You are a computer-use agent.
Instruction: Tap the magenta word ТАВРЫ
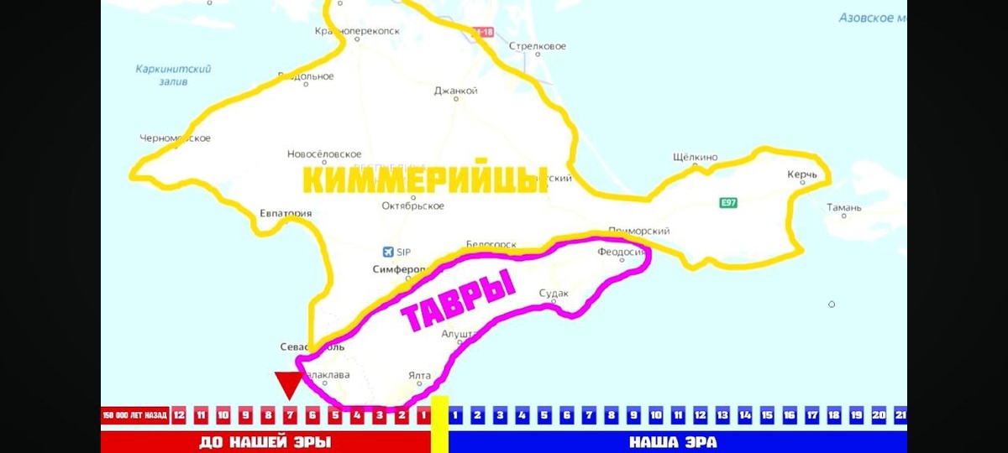(458, 300)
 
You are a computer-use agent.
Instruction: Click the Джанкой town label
(455, 91)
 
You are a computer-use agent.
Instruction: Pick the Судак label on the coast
(554, 293)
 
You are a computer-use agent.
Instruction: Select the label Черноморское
(176, 138)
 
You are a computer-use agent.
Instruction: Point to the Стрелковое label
(538, 47)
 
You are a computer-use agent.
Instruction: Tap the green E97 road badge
(728, 202)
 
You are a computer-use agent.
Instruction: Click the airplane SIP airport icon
(387, 251)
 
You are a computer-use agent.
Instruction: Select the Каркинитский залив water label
(173, 75)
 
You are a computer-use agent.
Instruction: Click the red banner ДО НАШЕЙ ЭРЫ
(265, 442)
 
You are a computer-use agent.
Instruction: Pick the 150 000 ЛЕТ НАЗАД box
(134, 415)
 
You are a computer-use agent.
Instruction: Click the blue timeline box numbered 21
(900, 415)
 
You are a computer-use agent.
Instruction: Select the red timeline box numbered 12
(179, 415)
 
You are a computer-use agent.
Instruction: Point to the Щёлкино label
(696, 157)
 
